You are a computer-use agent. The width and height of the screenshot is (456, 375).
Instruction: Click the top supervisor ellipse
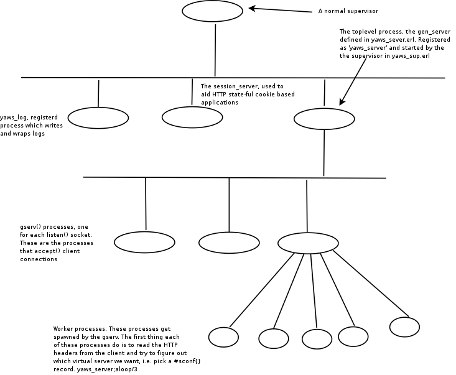(x=212, y=11)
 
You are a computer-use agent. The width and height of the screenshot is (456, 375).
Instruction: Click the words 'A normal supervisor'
(x=348, y=11)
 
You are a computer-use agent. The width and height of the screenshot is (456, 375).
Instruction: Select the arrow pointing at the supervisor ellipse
(x=279, y=9)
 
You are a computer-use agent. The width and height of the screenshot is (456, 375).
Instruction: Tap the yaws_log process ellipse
(x=98, y=117)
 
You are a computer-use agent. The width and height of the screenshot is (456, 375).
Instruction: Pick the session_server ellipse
(x=192, y=116)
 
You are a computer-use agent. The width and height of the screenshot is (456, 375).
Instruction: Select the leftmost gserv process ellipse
(x=146, y=241)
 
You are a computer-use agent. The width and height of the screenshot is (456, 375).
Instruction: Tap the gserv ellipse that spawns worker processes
(x=307, y=241)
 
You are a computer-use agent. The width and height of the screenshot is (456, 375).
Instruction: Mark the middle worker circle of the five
(x=317, y=338)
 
